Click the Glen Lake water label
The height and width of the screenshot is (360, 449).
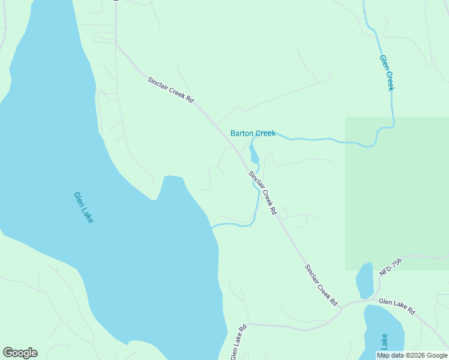[83, 208]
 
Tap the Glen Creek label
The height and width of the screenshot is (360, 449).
[387, 73]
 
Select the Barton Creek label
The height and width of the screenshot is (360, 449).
[253, 133]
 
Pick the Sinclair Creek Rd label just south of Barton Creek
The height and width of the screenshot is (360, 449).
[263, 193]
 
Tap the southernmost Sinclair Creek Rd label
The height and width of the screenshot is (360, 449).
[321, 286]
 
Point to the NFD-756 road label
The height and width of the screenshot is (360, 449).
[390, 267]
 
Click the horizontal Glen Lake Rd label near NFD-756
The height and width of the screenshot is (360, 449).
[397, 307]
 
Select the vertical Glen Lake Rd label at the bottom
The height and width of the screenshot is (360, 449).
[238, 343]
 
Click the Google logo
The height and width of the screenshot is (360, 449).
[20, 353]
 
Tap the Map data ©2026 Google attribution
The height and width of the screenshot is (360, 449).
[412, 355]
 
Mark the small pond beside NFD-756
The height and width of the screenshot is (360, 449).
[364, 281]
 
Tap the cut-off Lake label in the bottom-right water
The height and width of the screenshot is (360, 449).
[384, 342]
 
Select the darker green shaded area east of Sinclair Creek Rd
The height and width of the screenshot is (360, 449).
[396, 192]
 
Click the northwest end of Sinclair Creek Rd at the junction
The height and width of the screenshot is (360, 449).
[116, 44]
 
